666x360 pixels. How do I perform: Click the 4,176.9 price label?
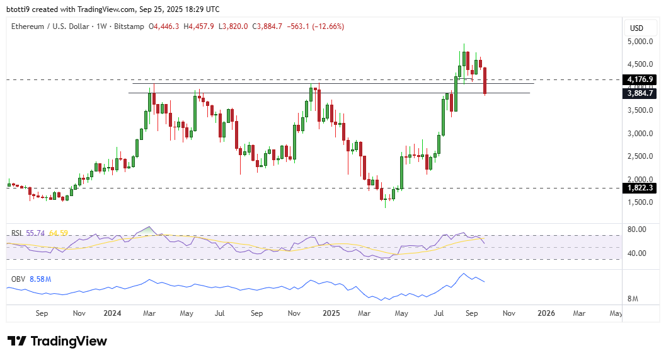coord(639,79)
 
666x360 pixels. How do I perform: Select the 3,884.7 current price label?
coord(639,93)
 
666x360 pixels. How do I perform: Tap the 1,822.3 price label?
coord(639,188)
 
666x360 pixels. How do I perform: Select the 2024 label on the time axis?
coord(112,313)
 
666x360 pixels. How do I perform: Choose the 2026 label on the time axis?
coord(545,313)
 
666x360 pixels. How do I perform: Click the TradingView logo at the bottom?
coord(57,341)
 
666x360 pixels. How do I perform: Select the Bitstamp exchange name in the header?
coord(130,26)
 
